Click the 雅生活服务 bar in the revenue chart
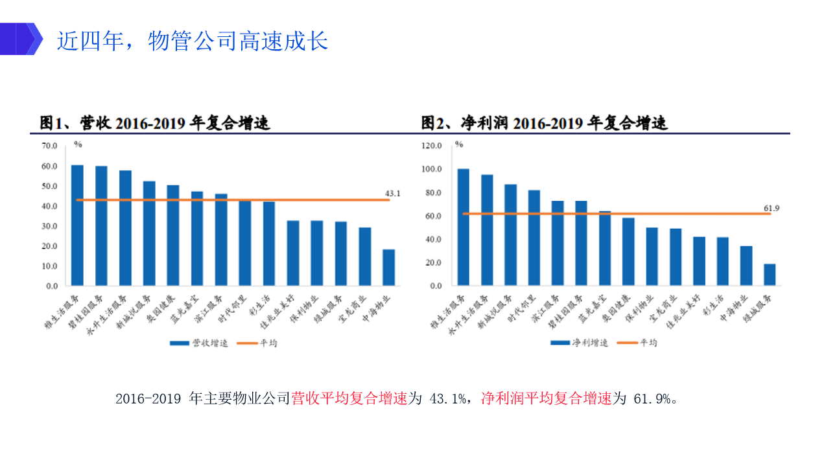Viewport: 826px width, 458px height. click(77, 225)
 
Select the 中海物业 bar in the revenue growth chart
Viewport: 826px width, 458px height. click(388, 267)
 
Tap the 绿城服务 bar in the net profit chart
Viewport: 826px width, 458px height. click(770, 274)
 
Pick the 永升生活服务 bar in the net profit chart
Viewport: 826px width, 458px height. click(487, 230)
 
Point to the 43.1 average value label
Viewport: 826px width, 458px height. click(393, 193)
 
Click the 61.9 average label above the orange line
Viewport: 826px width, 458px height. click(771, 208)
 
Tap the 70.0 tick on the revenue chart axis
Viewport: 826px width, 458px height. click(50, 146)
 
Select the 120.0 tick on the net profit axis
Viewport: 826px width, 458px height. click(431, 146)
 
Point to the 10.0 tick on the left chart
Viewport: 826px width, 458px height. click(50, 266)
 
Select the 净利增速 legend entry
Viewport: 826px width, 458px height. click(579, 343)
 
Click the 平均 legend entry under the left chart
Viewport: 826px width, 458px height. click(258, 343)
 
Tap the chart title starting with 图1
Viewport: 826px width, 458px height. click(155, 122)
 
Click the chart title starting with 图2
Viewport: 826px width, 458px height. click(544, 122)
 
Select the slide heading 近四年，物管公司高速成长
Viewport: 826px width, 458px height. click(193, 41)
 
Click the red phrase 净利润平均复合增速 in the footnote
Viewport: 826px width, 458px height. click(547, 398)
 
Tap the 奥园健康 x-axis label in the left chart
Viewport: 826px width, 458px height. click(161, 310)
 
